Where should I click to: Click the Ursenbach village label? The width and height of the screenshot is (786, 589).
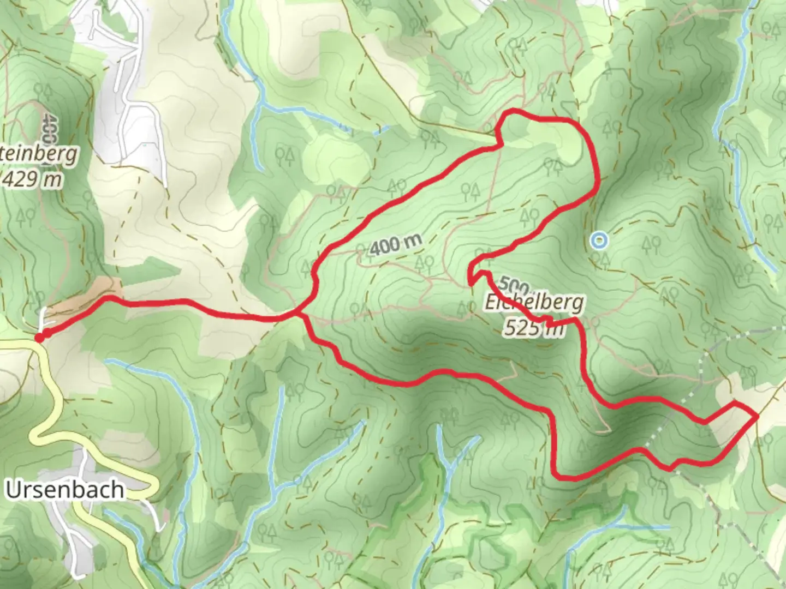coord(64,490)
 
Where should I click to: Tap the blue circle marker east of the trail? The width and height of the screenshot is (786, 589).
coord(599,240)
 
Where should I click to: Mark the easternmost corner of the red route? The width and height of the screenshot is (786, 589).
coord(757,417)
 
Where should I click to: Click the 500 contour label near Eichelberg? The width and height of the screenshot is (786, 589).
coord(513,285)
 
